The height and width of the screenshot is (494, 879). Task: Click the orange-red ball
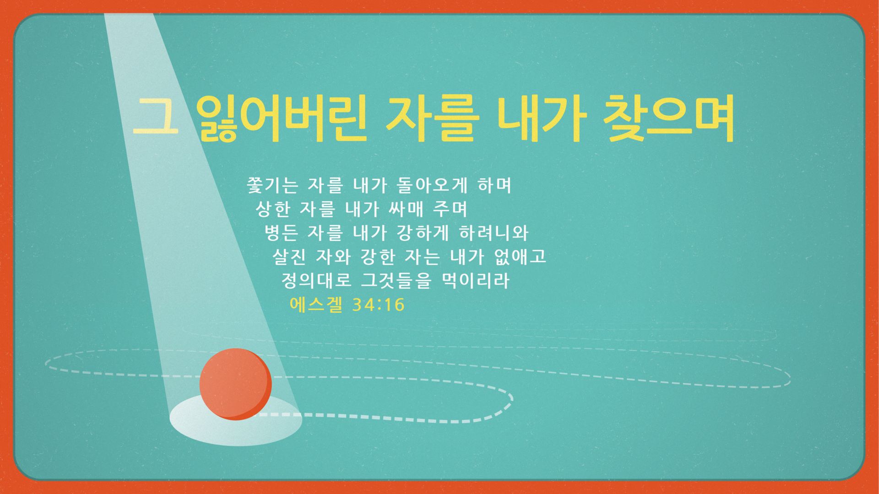235,384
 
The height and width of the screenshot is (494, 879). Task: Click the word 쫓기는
272,185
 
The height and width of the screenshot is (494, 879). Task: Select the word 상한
273,209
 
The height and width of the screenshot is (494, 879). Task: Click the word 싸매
406,209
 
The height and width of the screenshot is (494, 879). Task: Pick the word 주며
450,209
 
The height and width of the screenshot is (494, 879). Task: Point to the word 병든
281,233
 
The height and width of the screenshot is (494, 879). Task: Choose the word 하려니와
494,233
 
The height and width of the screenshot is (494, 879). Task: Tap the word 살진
289,257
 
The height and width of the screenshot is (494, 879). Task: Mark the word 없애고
520,257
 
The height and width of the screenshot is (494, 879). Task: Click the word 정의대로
316,280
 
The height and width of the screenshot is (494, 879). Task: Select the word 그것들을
396,280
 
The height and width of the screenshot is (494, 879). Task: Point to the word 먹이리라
476,280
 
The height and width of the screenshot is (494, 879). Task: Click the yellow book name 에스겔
316,305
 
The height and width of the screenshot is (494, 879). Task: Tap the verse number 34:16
379,305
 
